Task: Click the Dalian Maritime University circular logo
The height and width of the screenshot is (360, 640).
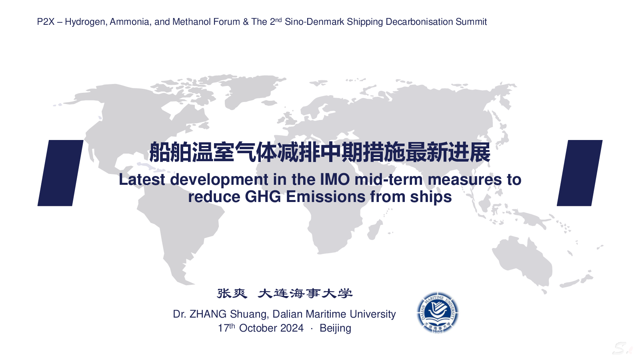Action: click(x=438, y=312)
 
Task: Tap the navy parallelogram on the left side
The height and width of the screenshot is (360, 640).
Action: click(x=60, y=173)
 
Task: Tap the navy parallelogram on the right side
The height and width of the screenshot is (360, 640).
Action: click(x=580, y=173)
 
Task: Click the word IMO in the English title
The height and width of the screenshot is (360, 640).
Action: click(x=335, y=180)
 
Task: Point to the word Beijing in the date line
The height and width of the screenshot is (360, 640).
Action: click(x=336, y=328)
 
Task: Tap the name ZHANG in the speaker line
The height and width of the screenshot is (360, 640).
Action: click(x=208, y=314)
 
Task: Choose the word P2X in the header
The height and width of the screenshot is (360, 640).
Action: click(x=46, y=22)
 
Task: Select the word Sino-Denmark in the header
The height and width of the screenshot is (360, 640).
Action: click(x=314, y=22)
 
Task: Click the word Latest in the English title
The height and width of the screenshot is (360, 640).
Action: click(x=142, y=180)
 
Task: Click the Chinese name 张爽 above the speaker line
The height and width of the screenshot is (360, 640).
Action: click(x=232, y=294)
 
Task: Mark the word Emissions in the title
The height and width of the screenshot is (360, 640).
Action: click(x=326, y=197)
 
